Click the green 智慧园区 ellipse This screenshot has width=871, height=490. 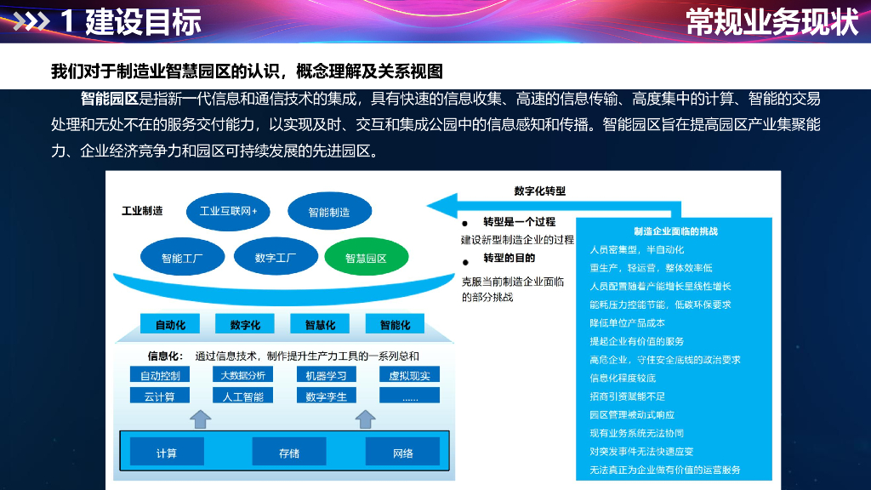[366, 258]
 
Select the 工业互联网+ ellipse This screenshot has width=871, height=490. [228, 211]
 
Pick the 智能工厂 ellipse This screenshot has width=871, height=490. [182, 258]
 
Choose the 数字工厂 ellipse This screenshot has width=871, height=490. [276, 257]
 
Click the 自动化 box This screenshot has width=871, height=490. [176, 324]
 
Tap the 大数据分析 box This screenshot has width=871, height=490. [242, 375]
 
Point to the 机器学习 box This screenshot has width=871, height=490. [326, 375]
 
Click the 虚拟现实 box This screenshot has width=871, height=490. [409, 375]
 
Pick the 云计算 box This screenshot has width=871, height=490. [160, 396]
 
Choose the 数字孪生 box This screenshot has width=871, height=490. [326, 396]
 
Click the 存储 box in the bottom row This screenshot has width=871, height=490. [289, 453]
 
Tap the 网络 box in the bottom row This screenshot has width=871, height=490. [402, 453]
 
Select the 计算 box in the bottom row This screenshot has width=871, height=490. [167, 453]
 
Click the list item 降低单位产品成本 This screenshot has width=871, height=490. [627, 323]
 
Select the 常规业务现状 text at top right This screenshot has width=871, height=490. [772, 22]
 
